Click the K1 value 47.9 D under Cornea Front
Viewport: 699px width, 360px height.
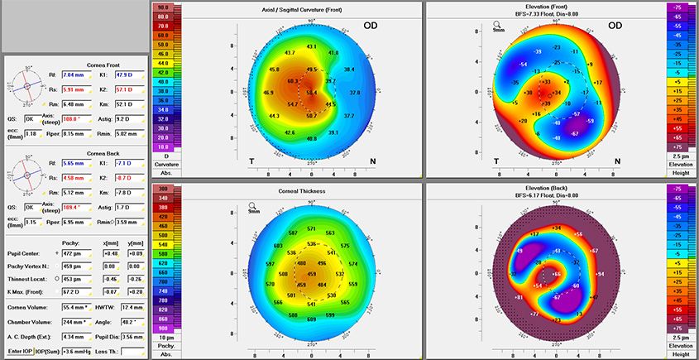(122, 74)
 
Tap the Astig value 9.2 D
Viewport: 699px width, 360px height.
(122, 118)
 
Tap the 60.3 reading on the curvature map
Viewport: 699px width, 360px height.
(293, 81)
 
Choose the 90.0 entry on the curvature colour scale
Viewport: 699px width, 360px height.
(161, 7)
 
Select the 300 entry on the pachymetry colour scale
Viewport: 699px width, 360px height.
(161, 190)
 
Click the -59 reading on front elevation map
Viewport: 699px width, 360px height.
(590, 121)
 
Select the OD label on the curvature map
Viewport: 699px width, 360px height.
(373, 26)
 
